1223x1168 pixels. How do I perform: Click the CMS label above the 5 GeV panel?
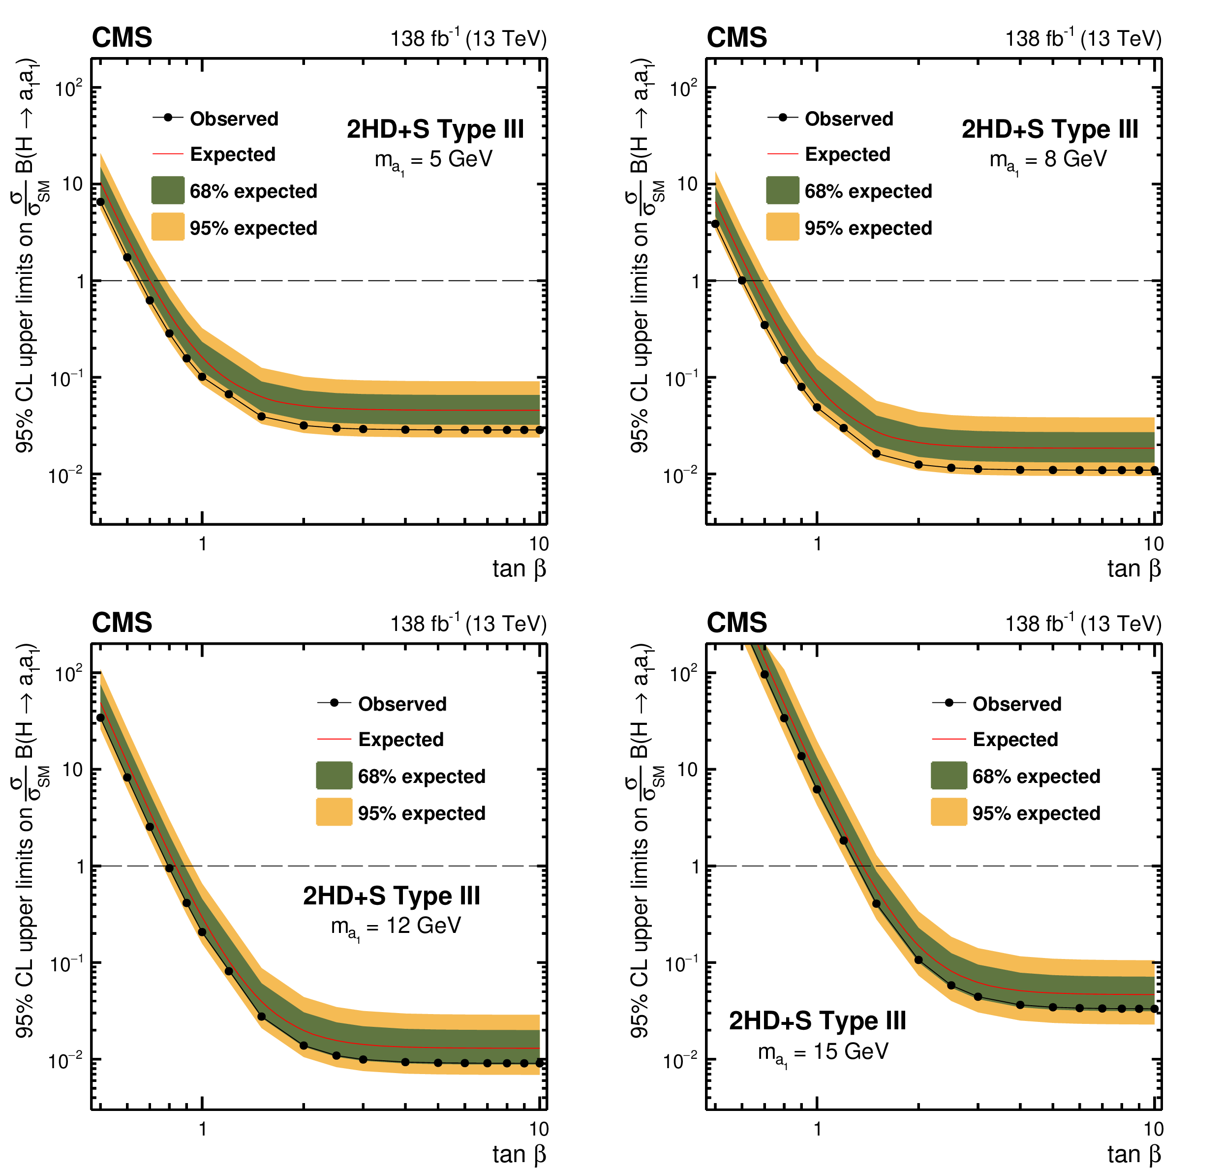pyautogui.click(x=122, y=37)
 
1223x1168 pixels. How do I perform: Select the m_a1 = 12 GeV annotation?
pyautogui.click(x=396, y=927)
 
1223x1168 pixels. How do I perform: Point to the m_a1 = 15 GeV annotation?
pyautogui.click(x=823, y=1052)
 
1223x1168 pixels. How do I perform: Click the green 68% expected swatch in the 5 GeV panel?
pyautogui.click(x=167, y=190)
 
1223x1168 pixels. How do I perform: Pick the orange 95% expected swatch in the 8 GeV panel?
pyautogui.click(x=782, y=227)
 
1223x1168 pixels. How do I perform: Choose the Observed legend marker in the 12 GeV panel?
pyautogui.click(x=335, y=703)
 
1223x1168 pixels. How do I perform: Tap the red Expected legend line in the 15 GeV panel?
pyautogui.click(x=948, y=739)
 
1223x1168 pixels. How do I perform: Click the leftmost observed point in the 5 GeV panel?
pyautogui.click(x=100, y=202)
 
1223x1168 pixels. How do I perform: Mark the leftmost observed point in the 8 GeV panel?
pyautogui.click(x=715, y=223)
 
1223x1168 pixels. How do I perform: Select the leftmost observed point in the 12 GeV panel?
pyautogui.click(x=100, y=718)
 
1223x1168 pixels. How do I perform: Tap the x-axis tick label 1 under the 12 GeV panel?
pyautogui.click(x=202, y=1129)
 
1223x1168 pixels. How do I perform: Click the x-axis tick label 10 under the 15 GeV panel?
pyautogui.click(x=1153, y=1129)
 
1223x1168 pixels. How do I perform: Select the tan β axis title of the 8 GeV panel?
pyautogui.click(x=1133, y=569)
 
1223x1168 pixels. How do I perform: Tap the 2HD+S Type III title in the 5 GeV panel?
pyautogui.click(x=435, y=129)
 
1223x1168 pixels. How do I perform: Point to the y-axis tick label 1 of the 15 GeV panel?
pyautogui.click(x=696, y=866)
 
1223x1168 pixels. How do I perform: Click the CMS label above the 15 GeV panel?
pyautogui.click(x=736, y=623)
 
